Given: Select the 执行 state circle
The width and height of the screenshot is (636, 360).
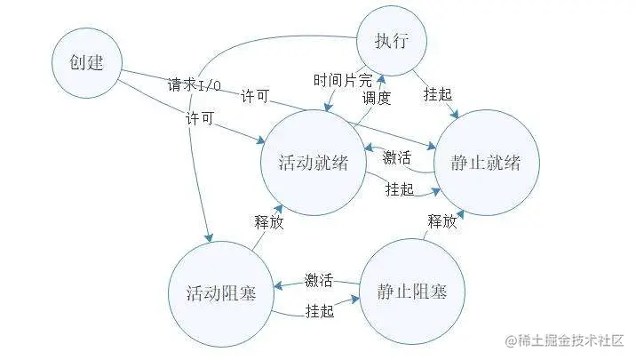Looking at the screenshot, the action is [x=392, y=41].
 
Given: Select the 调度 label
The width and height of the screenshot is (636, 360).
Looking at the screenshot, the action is [x=377, y=99].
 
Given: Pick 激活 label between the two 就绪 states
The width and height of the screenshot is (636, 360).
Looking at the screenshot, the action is [x=397, y=158].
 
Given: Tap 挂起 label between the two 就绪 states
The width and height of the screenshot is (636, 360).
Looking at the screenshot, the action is [x=399, y=188].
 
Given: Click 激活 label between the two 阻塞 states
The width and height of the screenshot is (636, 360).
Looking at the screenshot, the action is [x=319, y=281].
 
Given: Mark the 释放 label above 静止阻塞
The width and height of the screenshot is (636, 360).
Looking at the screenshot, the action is [x=441, y=221].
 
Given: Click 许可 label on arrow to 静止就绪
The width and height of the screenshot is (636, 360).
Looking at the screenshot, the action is [x=255, y=96].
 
